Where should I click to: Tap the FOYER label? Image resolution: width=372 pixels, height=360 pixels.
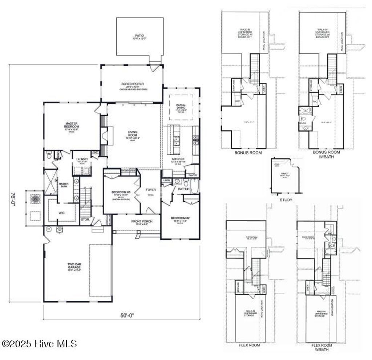(151, 190)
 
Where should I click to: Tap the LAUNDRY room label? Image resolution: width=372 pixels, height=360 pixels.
(80, 159)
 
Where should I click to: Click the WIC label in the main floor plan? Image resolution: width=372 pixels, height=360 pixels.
(61, 213)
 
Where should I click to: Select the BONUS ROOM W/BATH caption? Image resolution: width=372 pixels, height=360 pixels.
(326, 154)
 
